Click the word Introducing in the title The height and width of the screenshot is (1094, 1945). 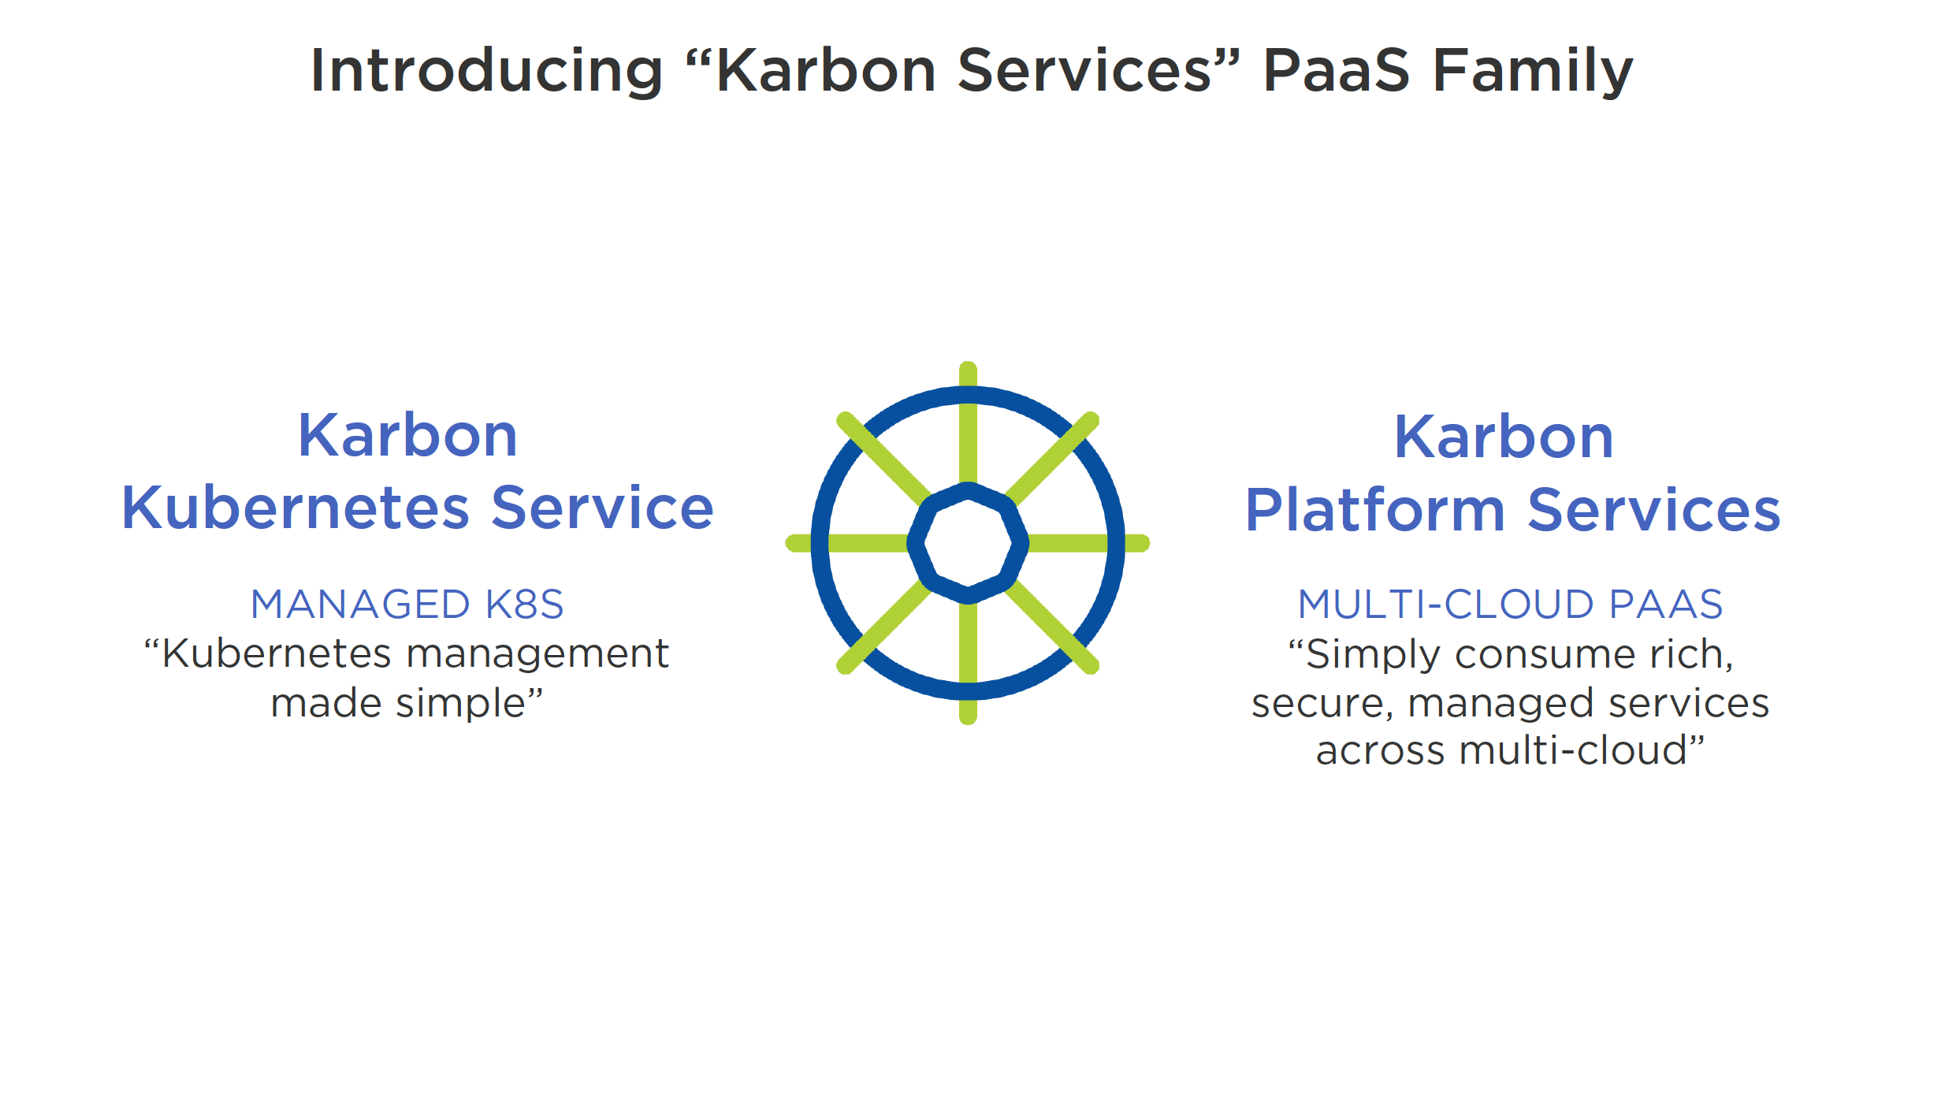pos(487,71)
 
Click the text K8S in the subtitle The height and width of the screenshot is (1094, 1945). pos(525,605)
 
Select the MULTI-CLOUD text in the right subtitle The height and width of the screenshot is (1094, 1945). pos(1446,605)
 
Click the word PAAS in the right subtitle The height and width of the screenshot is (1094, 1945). pos(1666,605)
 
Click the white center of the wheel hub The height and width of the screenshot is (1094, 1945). pos(968,543)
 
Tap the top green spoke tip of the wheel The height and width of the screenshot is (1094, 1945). pos(968,366)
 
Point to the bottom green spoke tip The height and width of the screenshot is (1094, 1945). pos(968,720)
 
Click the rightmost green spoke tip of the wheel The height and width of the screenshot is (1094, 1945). pos(1145,543)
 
